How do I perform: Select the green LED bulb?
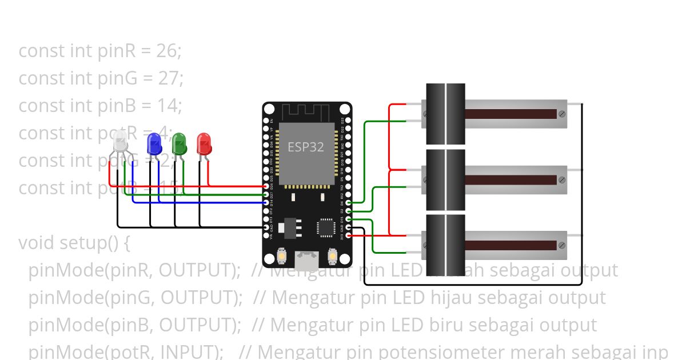click(x=180, y=143)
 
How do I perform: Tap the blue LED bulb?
click(x=154, y=143)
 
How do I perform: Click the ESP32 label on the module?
click(x=305, y=147)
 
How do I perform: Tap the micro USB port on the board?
click(x=307, y=261)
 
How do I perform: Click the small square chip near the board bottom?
click(x=326, y=227)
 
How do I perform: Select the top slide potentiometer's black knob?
click(x=446, y=114)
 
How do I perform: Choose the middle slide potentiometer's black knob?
click(x=446, y=179)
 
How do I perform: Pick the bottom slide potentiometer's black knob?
click(x=446, y=245)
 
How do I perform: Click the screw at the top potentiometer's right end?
click(x=562, y=114)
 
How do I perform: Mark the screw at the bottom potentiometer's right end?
click(x=562, y=246)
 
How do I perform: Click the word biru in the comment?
click(x=448, y=325)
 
